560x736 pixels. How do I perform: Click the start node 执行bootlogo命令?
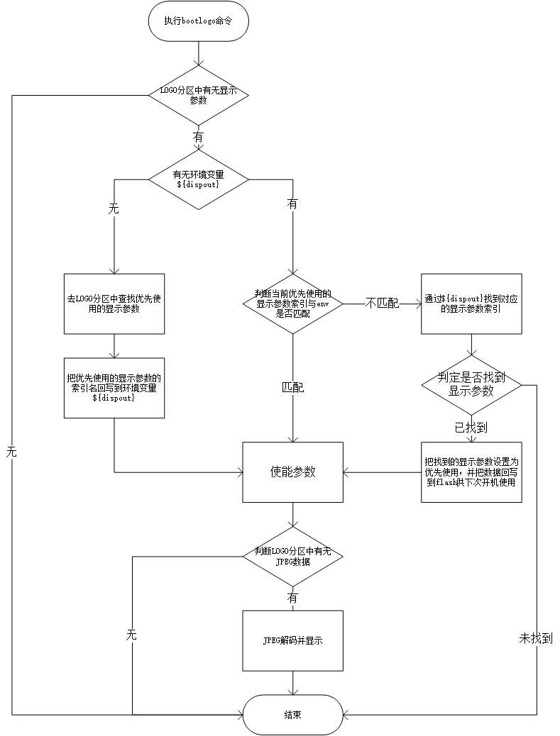[197, 21]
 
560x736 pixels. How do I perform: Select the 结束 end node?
[292, 714]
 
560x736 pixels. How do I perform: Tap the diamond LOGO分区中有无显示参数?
[198, 95]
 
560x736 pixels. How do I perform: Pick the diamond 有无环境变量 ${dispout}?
[198, 179]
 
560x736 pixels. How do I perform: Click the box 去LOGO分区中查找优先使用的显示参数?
[114, 303]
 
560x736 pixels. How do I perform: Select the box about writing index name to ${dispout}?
[114, 387]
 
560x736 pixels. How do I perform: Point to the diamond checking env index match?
[292, 303]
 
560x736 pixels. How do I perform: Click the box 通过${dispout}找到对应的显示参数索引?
[471, 303]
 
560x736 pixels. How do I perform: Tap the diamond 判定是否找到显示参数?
[471, 386]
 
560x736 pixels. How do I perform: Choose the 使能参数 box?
[292, 472]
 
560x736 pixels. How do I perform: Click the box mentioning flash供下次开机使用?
[471, 472]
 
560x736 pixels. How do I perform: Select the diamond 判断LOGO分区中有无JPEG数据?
[292, 556]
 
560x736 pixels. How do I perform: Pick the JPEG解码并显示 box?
[292, 640]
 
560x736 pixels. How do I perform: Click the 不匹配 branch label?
[382, 303]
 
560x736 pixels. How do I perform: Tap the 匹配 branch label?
[292, 388]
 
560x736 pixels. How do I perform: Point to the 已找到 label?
[471, 428]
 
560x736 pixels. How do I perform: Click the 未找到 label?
[536, 638]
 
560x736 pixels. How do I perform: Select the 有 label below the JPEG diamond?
[292, 598]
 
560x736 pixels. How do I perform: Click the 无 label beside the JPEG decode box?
[131, 635]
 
